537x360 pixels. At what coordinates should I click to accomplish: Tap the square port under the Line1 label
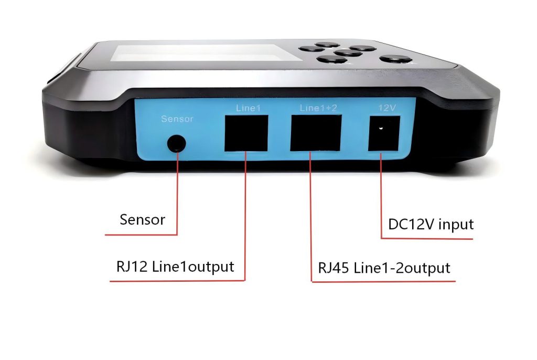(x=246, y=133)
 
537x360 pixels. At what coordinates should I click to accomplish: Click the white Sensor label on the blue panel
(x=177, y=119)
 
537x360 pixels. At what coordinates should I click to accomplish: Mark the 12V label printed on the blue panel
(x=388, y=108)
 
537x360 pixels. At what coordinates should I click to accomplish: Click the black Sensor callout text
(x=142, y=219)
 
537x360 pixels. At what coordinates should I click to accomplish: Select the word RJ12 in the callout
(x=131, y=266)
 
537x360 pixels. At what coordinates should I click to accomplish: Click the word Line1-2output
(x=402, y=268)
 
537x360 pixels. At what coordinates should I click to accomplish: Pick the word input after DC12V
(x=456, y=225)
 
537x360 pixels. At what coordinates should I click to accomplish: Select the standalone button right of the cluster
(x=394, y=59)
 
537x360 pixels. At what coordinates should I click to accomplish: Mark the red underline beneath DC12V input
(x=427, y=239)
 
